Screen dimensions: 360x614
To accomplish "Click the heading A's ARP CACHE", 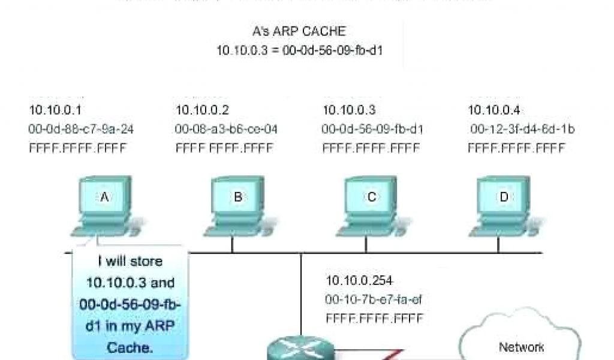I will pos(299,31).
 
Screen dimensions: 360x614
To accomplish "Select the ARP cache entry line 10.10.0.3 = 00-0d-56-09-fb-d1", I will pos(299,50).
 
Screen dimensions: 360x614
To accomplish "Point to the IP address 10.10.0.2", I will pos(202,110).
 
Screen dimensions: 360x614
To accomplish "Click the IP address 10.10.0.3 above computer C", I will pos(350,110).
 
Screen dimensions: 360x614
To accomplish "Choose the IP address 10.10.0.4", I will pos(494,110).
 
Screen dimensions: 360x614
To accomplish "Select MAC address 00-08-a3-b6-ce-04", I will pos(226,129).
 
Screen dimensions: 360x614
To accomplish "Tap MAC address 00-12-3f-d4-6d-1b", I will pos(522,129).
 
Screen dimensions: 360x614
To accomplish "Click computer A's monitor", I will pos(104,197).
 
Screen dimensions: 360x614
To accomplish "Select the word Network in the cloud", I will pos(522,347).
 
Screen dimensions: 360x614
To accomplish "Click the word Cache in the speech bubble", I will pos(130,347).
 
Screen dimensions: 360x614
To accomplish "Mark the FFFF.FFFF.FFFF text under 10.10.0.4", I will pos(516,148).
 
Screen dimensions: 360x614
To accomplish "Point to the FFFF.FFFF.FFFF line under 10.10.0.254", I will pos(374,319).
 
